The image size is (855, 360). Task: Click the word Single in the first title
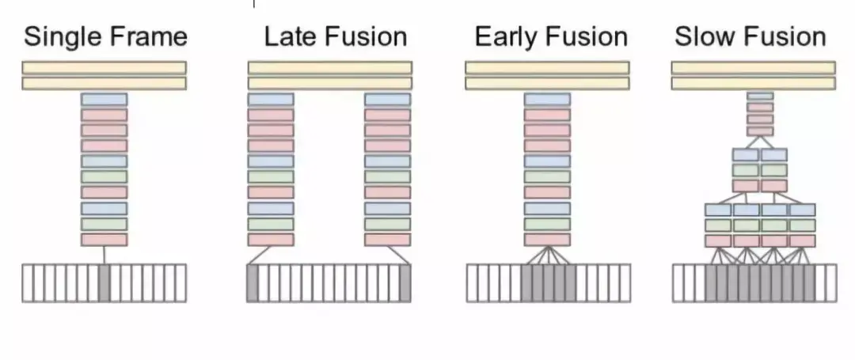pyautogui.click(x=59, y=36)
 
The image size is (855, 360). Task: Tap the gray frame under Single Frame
pyautogui.click(x=104, y=283)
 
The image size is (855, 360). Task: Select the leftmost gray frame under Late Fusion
pyautogui.click(x=253, y=283)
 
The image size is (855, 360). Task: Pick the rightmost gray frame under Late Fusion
pyautogui.click(x=405, y=283)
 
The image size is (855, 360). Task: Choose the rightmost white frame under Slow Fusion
pyautogui.click(x=830, y=283)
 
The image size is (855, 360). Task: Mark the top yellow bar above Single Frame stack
pyautogui.click(x=104, y=68)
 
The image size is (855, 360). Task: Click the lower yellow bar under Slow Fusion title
pyautogui.click(x=753, y=83)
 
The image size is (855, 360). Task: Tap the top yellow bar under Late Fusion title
pyautogui.click(x=329, y=68)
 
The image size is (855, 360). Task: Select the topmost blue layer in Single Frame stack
pyautogui.click(x=104, y=100)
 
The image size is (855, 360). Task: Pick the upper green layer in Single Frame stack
pyautogui.click(x=104, y=177)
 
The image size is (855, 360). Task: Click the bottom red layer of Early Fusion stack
pyautogui.click(x=547, y=239)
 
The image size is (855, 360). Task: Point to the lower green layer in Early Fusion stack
pyautogui.click(x=547, y=224)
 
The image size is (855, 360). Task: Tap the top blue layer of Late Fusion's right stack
pyautogui.click(x=387, y=100)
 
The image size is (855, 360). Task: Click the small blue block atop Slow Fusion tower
pyautogui.click(x=760, y=97)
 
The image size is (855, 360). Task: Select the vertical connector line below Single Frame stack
pyautogui.click(x=104, y=255)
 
